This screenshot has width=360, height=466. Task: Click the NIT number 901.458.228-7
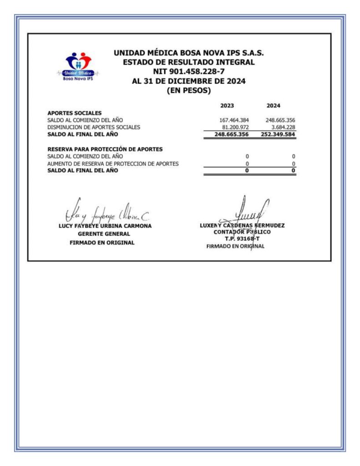(188, 72)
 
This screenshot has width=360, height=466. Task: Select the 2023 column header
(227, 106)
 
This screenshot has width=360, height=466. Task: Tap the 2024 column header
(273, 106)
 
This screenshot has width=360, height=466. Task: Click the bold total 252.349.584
(279, 134)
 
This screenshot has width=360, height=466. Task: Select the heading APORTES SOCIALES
(75, 113)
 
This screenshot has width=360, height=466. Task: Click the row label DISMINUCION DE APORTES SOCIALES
(94, 127)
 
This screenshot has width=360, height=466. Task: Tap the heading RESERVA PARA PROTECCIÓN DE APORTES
(105, 149)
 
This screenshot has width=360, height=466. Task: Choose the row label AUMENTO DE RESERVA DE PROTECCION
(113, 163)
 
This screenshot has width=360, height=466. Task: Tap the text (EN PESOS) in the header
(188, 91)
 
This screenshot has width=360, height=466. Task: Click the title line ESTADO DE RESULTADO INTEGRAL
(188, 62)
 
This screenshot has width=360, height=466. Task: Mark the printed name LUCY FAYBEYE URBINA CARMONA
(105, 226)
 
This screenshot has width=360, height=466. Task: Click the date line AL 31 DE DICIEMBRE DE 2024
(188, 81)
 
